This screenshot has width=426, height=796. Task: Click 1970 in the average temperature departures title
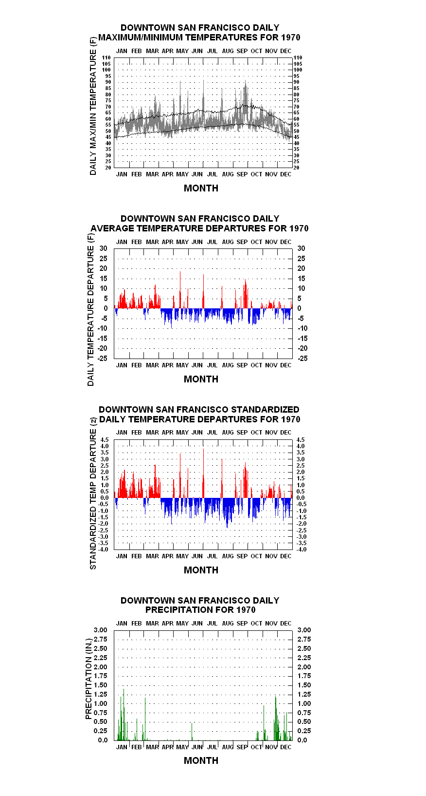click(299, 228)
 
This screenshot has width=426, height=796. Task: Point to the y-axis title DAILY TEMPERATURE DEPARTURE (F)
click(91, 309)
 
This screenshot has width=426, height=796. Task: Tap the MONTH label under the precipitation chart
click(201, 760)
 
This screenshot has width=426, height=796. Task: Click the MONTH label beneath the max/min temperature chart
click(201, 188)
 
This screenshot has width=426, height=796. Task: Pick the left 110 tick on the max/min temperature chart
click(106, 57)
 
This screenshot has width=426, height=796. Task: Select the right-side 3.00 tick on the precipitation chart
click(304, 630)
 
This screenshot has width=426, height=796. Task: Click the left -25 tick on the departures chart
click(103, 358)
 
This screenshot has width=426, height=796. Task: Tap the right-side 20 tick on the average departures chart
click(301, 268)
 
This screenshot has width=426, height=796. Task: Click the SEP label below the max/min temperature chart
click(242, 174)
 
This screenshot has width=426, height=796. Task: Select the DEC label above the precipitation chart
click(286, 623)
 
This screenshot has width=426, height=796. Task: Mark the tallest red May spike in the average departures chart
click(180, 290)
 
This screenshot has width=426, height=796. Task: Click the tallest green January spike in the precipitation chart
click(124, 715)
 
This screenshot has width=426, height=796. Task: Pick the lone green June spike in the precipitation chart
click(192, 732)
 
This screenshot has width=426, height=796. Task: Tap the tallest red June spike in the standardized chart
click(203, 473)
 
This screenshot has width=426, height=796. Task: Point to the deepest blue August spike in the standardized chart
click(227, 513)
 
